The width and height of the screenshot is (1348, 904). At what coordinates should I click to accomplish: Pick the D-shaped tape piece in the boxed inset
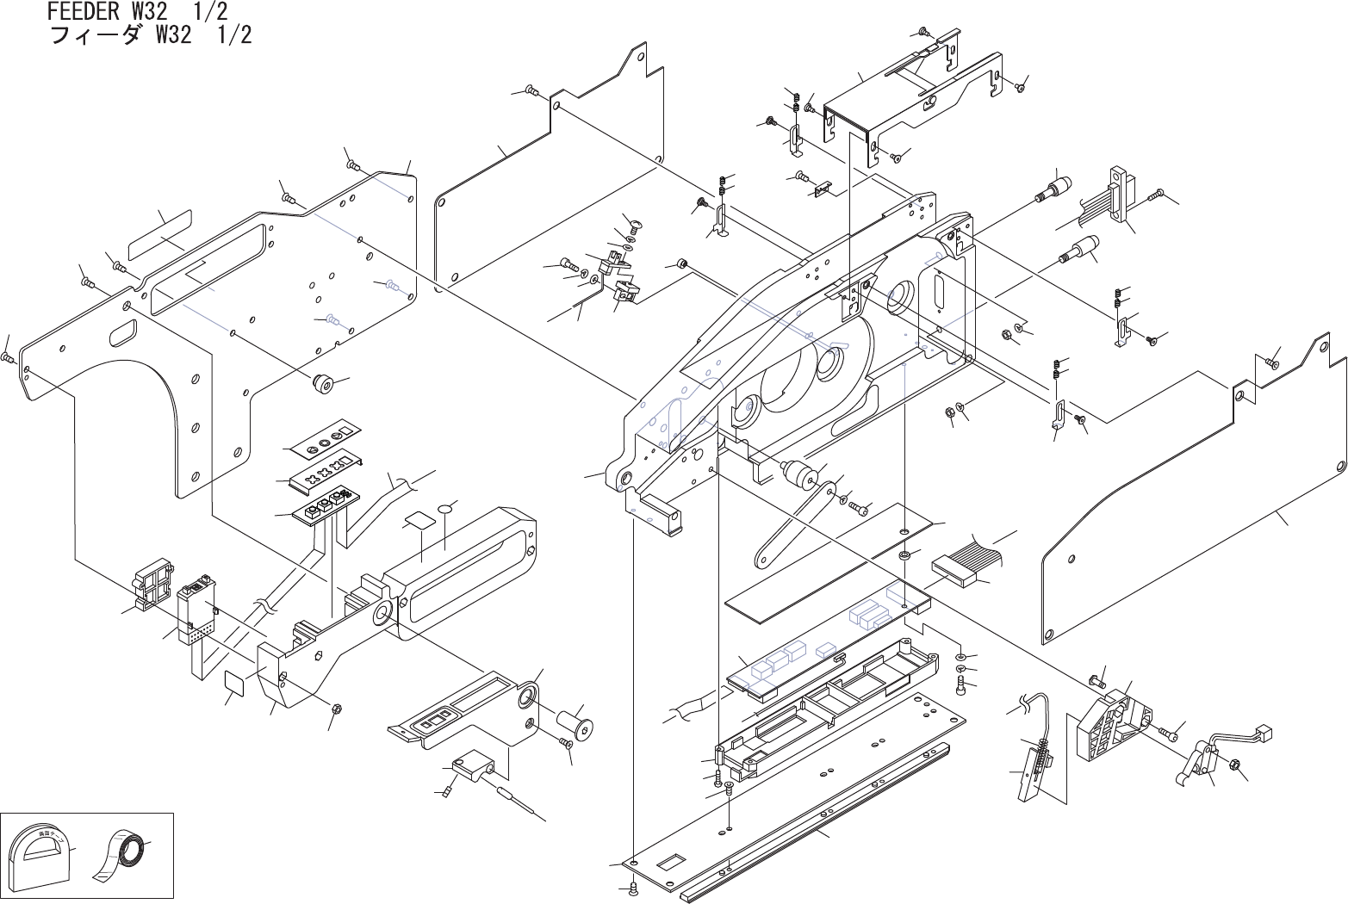click(38, 858)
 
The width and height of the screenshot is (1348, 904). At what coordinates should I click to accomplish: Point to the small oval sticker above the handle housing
click(445, 510)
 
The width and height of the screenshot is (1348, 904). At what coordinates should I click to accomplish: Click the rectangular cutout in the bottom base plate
click(669, 861)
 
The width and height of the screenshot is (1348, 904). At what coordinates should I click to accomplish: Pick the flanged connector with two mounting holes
click(1119, 196)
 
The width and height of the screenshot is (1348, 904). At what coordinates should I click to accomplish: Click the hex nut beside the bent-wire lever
click(1233, 764)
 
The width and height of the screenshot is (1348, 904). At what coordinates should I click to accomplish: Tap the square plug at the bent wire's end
click(1265, 733)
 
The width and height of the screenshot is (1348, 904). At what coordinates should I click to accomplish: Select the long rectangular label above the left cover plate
click(160, 237)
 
